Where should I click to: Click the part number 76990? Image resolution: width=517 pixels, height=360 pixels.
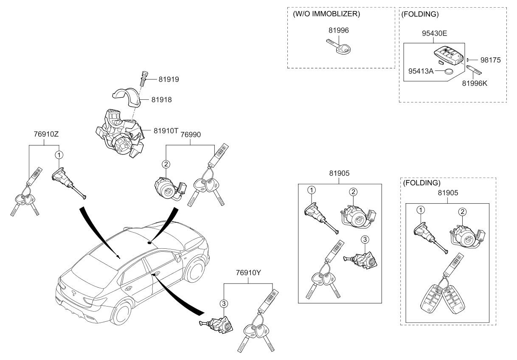point(191,135)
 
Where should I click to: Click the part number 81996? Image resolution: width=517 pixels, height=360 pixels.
point(339,30)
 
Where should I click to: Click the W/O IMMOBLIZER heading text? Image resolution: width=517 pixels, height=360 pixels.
point(326,14)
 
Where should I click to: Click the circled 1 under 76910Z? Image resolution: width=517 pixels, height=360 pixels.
point(59,155)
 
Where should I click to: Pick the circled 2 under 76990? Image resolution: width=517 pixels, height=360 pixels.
point(166,163)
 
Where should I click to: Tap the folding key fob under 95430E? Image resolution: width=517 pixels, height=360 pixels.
point(448,55)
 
